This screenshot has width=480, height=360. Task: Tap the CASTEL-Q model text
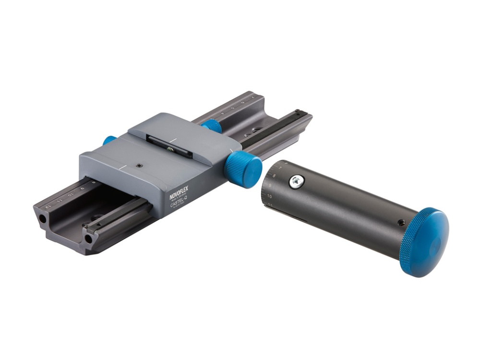point(180,203)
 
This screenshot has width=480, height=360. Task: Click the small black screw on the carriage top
point(139,166)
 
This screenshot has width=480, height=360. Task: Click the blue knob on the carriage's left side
point(109,140)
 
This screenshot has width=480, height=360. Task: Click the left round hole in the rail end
point(43,217)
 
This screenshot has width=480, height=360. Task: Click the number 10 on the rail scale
point(71,195)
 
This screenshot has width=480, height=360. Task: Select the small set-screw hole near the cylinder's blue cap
point(401,223)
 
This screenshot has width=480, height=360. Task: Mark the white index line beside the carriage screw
point(124,168)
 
